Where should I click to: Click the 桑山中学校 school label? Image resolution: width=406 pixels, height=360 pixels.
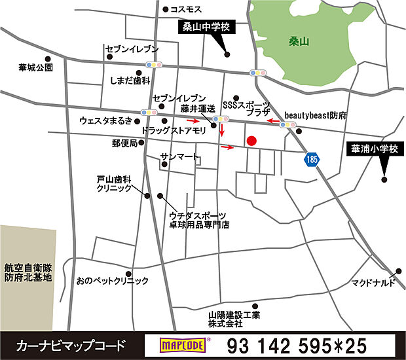pos(206,27)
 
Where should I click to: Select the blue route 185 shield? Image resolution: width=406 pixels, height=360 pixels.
pos(311,158)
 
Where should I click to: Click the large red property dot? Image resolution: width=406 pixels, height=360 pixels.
pos(251,141)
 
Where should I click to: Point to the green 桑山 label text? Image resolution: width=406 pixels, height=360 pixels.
pos(298,41)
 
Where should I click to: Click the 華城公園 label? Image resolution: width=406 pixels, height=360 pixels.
pos(35,67)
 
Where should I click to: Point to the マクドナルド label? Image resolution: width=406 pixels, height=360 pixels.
pos(373,283)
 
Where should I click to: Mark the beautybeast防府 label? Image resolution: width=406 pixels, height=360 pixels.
pos(315,115)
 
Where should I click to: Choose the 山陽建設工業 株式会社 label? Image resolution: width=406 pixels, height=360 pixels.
pos(234,319)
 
